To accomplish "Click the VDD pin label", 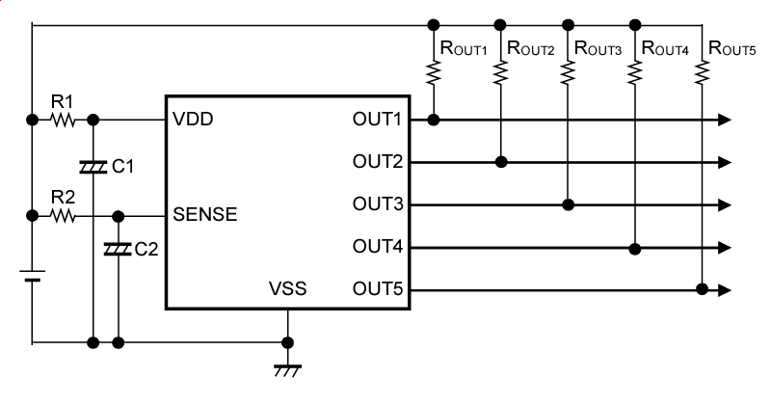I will click(x=193, y=121).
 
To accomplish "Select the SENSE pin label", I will click(x=205, y=216).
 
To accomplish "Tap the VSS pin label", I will click(x=288, y=289).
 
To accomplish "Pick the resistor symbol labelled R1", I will click(x=63, y=121).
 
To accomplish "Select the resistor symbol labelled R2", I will click(x=63, y=216).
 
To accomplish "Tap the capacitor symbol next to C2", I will click(x=118, y=250).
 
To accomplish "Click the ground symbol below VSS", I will click(x=286, y=369).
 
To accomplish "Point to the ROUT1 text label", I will click(x=464, y=47).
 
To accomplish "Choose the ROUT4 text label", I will click(x=666, y=47).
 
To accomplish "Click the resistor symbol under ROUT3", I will click(x=569, y=73).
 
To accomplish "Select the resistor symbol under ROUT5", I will click(x=704, y=73).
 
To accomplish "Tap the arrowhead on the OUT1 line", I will click(x=724, y=121).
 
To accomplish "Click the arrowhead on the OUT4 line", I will click(x=724, y=248).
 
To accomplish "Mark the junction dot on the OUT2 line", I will click(x=501, y=162).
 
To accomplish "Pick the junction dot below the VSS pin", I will click(x=286, y=342).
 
